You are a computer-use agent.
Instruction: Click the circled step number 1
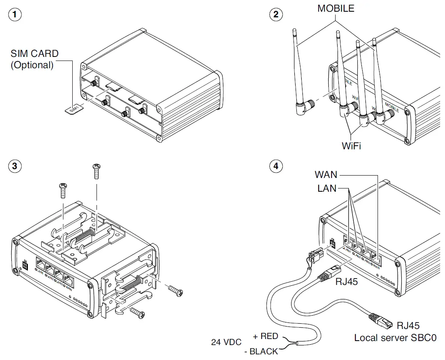click(x=15, y=15)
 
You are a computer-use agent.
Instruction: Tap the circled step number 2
click(x=276, y=15)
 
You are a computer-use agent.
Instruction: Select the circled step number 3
click(x=15, y=167)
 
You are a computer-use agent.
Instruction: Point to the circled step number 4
click(x=276, y=167)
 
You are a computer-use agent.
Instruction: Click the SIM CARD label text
click(x=34, y=54)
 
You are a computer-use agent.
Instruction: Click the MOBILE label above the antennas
click(x=336, y=8)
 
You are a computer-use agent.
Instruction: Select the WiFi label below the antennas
click(x=351, y=145)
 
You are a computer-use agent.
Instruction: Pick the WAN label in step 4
click(x=326, y=175)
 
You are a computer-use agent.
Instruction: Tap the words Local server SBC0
click(x=395, y=337)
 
